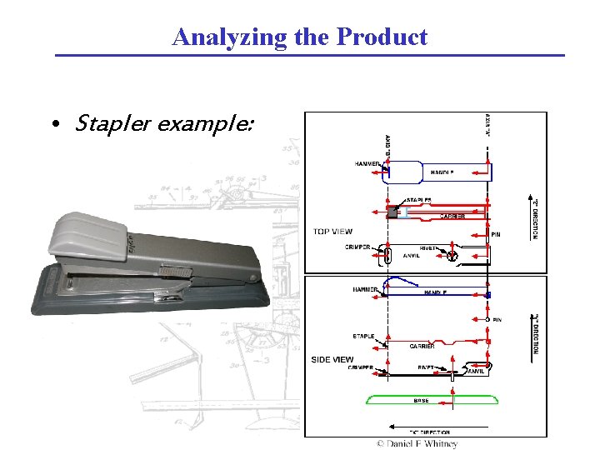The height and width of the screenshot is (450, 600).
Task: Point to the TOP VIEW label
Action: coord(332,232)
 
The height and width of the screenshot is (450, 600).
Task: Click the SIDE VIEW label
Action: coord(332,359)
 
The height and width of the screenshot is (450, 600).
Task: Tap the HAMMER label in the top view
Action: coord(367,163)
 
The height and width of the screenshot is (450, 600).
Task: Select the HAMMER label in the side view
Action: coord(366,289)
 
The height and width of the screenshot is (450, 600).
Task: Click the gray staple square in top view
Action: coord(391,212)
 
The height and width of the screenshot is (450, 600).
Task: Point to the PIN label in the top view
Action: coord(496,235)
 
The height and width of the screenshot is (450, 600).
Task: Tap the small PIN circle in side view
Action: coord(487,319)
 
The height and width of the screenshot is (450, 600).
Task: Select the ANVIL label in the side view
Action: coord(477,372)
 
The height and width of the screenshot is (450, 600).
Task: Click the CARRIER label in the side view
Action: coord(421,345)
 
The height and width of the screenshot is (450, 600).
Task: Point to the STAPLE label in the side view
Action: coord(363,337)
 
